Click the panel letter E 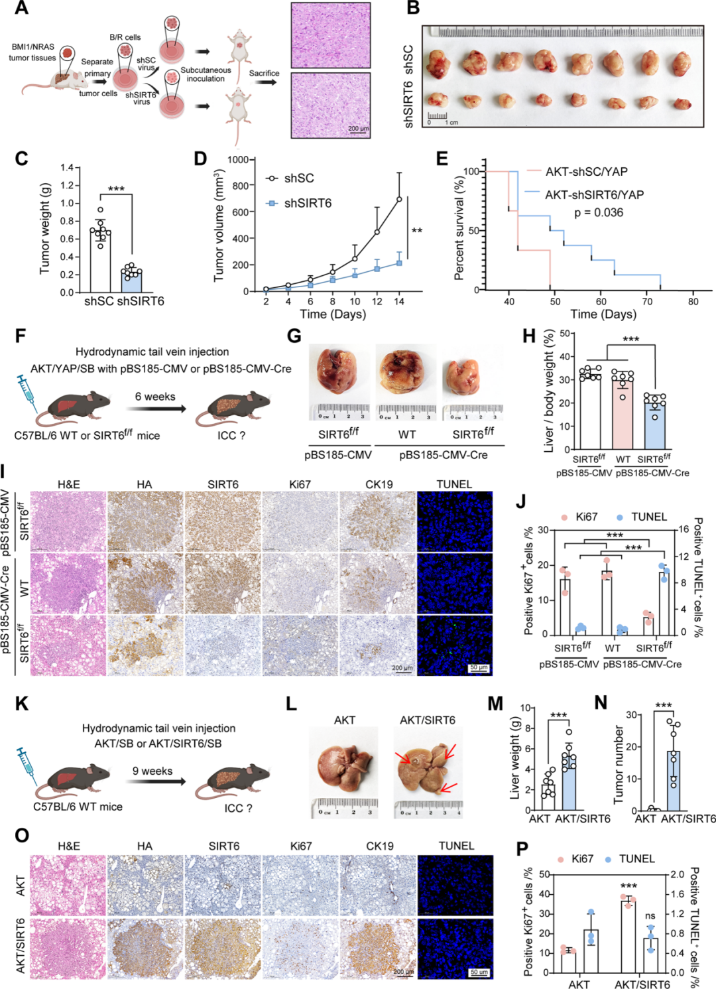[442, 159]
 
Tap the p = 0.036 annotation [598, 212]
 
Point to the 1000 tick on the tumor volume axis [237, 160]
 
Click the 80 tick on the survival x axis [693, 301]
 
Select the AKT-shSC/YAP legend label [586, 172]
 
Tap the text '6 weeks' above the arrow [155, 397]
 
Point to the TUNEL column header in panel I [454, 484]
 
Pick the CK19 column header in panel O [379, 846]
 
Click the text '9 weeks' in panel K [152, 771]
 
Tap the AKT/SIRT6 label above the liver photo [427, 720]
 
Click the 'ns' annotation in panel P [650, 915]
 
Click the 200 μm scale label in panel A [358, 128]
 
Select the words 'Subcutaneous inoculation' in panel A [206, 74]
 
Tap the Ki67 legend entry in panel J [580, 517]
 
